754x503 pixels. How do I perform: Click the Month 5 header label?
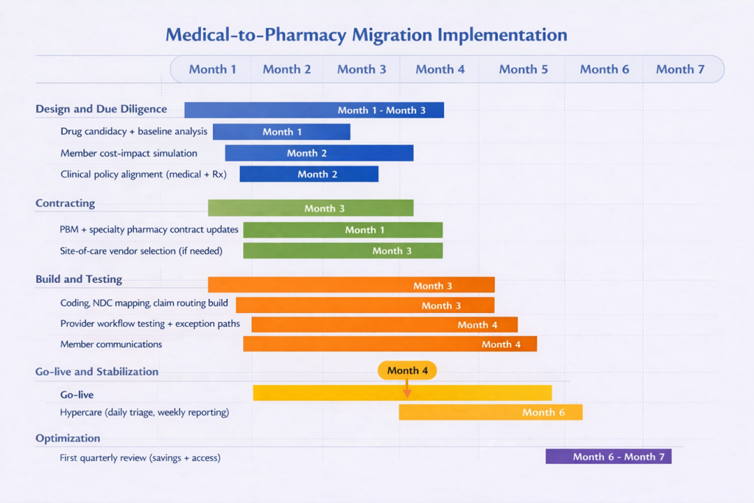[524, 69]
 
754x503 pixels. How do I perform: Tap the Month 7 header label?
[680, 69]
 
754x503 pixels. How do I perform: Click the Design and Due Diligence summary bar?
[314, 110]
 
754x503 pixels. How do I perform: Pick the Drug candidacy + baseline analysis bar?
[281, 132]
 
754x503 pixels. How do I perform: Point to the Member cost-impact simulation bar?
[319, 153]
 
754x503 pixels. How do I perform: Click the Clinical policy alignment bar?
[309, 175]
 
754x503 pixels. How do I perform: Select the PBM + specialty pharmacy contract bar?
[342, 230]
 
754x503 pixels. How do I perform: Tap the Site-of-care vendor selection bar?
[342, 250]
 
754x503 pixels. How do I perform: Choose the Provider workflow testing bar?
[384, 325]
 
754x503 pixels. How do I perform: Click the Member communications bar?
[390, 344]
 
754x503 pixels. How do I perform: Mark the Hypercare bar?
[490, 412]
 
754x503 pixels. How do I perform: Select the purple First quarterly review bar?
[608, 457]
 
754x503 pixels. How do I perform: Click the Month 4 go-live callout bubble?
[407, 370]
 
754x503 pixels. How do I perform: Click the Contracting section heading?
[65, 203]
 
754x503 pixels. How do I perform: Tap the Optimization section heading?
[68, 438]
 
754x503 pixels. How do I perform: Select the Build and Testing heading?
[79, 280]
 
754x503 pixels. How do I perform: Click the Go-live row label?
[77, 395]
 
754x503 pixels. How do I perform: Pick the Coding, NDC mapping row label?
[144, 303]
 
